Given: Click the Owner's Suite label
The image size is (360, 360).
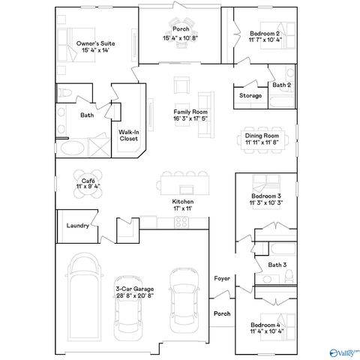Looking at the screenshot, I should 96,44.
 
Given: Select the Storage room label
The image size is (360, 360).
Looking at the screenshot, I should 250,96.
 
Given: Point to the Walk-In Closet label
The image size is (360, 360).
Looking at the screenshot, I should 128,135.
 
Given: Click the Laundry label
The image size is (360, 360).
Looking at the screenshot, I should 78,226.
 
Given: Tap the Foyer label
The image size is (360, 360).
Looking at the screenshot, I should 222,278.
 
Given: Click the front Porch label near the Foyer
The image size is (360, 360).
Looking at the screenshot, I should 223,313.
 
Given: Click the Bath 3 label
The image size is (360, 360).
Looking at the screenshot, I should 277,265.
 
